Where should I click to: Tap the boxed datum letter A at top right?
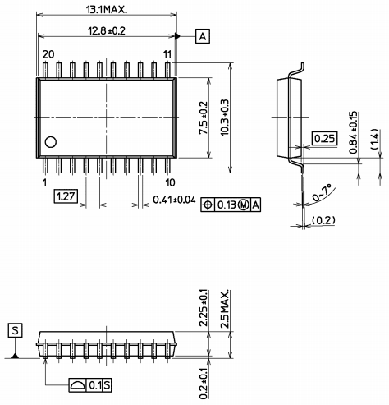click(203, 36)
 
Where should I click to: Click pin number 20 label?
click(48, 53)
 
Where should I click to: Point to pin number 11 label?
click(167, 53)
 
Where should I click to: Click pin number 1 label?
click(44, 182)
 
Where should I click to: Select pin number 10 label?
click(169, 182)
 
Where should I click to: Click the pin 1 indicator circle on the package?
click(51, 142)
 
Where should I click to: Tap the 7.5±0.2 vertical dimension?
click(204, 117)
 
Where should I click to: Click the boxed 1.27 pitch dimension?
click(65, 196)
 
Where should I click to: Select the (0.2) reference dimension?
click(324, 219)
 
